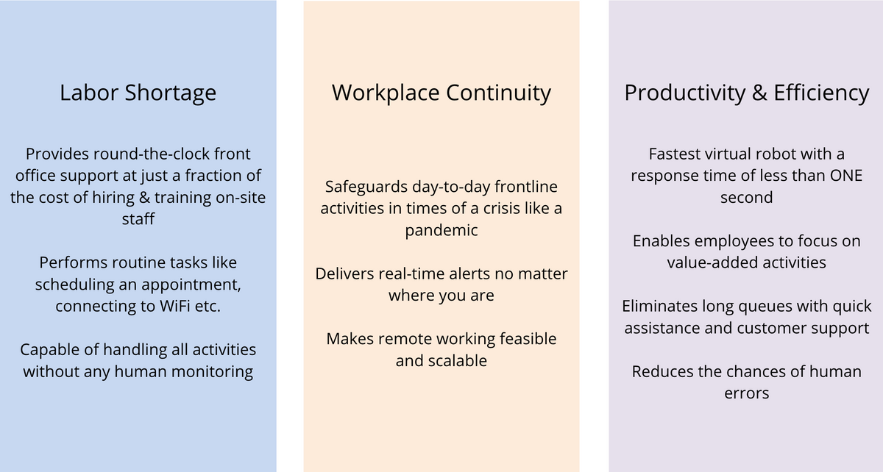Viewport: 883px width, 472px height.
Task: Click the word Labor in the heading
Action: coord(89,93)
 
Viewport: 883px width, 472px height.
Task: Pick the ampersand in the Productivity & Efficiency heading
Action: coord(759,93)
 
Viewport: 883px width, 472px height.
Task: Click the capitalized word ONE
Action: coord(846,176)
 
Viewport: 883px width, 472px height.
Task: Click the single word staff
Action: coord(138,219)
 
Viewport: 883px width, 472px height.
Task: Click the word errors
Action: coord(747,394)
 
